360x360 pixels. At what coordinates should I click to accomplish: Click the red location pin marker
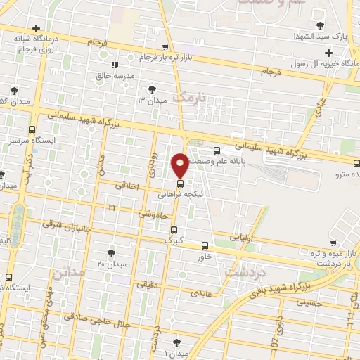181,164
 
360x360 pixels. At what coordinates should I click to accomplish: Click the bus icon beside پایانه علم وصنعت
217,150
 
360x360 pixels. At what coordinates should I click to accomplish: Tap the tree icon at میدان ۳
152,89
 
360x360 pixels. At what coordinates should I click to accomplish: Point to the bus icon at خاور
205,245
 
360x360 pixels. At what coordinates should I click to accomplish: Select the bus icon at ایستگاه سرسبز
32,130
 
